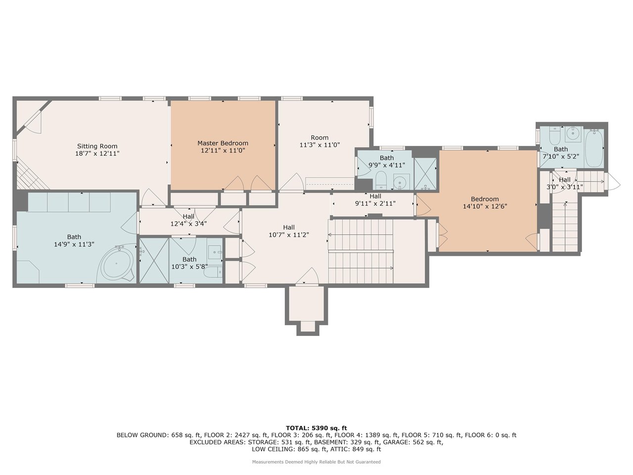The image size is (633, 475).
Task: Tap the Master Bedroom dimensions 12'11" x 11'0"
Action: (223, 150)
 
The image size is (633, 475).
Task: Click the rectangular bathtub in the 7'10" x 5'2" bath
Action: (593, 148)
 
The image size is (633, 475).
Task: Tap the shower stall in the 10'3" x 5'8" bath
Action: (154, 260)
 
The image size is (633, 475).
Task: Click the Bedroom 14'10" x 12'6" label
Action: (485, 203)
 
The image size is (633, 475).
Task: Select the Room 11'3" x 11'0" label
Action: (319, 142)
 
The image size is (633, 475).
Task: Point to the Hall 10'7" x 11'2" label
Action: (289, 231)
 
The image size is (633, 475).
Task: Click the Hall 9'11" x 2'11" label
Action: (375, 199)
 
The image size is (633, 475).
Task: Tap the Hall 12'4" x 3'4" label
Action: (188, 220)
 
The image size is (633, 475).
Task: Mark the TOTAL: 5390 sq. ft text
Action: (316, 428)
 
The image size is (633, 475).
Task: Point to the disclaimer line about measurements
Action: (316, 462)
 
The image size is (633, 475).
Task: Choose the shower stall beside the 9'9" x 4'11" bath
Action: (425, 174)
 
